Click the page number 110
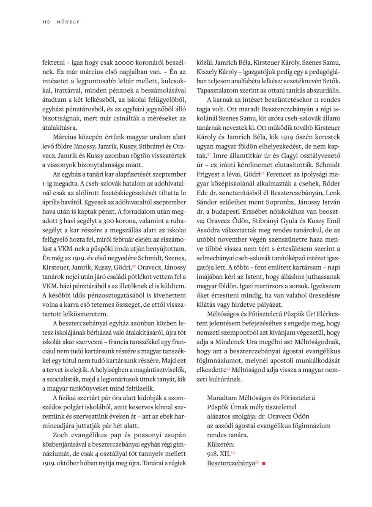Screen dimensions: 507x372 click(x=46, y=22)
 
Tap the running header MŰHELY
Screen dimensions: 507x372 click(x=68, y=22)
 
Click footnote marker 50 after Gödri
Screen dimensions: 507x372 click(x=134, y=266)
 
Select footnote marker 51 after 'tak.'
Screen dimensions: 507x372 click(x=209, y=154)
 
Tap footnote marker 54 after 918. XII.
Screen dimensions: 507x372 click(x=232, y=452)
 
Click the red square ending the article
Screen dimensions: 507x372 click(x=264, y=463)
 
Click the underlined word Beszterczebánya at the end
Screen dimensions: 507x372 click(x=231, y=463)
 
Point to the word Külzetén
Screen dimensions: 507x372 click(x=219, y=444)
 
